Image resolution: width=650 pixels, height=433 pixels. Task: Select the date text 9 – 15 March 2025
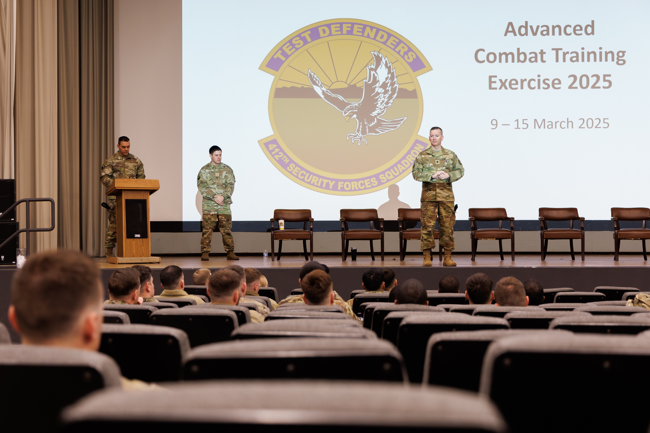(550, 124)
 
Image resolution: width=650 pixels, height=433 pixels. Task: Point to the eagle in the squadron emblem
(367, 99)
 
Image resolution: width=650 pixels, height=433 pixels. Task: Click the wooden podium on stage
(133, 218)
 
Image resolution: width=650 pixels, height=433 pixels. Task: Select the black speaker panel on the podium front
(136, 218)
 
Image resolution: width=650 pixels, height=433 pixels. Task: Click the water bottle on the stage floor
(266, 256)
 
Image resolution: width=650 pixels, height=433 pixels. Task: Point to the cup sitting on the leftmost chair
(281, 224)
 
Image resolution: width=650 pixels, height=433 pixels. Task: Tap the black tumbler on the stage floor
(354, 254)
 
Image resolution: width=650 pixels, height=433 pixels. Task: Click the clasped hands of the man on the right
(440, 175)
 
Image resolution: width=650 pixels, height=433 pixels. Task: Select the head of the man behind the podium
(124, 146)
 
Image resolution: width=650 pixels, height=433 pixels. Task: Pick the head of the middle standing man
(215, 155)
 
